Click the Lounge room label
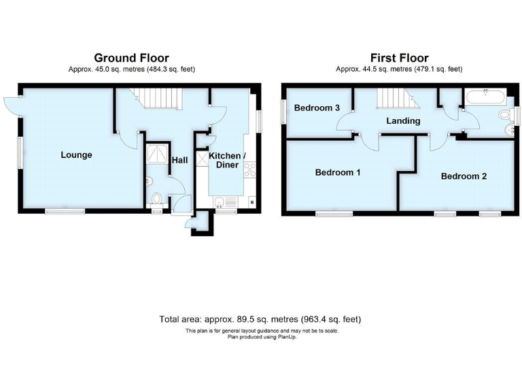click(76, 154)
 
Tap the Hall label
click(179, 160)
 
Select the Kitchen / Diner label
click(228, 161)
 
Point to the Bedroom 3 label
click(317, 108)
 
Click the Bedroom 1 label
click(338, 172)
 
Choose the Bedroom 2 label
click(464, 176)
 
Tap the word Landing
click(403, 121)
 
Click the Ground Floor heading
click(131, 58)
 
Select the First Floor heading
click(399, 58)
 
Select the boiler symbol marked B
click(252, 202)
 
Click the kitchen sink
click(224, 201)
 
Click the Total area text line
click(260, 318)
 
